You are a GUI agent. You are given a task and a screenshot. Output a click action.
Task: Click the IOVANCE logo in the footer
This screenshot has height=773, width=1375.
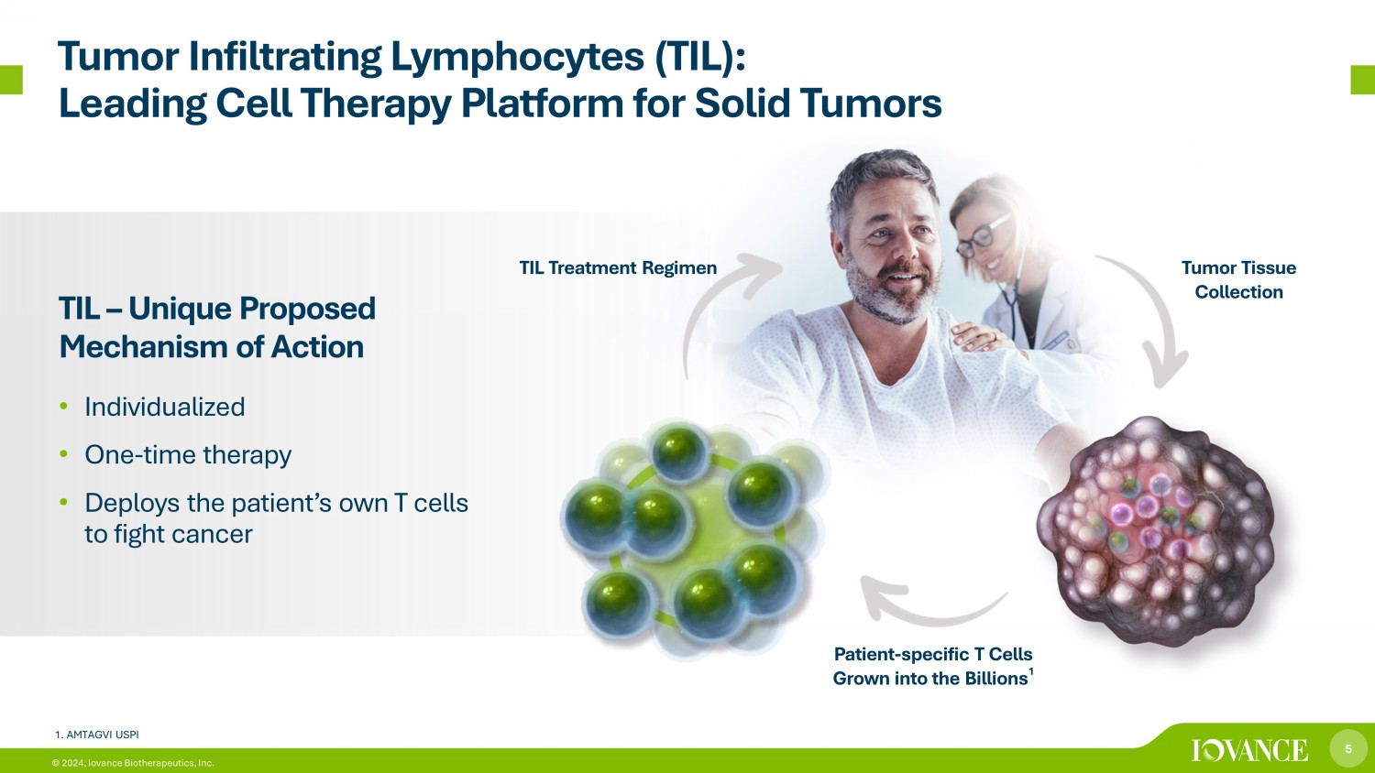pos(1249,750)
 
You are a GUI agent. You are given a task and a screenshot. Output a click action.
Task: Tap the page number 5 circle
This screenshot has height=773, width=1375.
pos(1348,748)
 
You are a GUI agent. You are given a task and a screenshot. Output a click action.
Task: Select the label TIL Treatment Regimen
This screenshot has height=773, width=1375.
pos(618,268)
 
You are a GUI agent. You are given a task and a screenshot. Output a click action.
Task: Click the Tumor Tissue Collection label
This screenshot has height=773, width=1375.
pos(1238,279)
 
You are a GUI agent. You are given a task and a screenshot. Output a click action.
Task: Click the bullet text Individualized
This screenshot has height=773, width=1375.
pos(164,407)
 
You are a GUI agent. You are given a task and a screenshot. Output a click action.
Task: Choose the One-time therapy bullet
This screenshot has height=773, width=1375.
pos(188,455)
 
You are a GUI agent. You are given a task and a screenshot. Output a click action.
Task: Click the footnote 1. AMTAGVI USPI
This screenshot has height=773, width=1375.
pos(97,735)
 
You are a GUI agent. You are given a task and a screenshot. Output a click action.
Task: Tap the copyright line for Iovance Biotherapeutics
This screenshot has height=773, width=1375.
pos(133,763)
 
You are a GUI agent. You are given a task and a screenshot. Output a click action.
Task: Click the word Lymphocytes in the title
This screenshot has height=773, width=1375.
pos(517,58)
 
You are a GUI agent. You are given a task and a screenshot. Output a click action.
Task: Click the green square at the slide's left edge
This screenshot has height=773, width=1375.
pos(11,80)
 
